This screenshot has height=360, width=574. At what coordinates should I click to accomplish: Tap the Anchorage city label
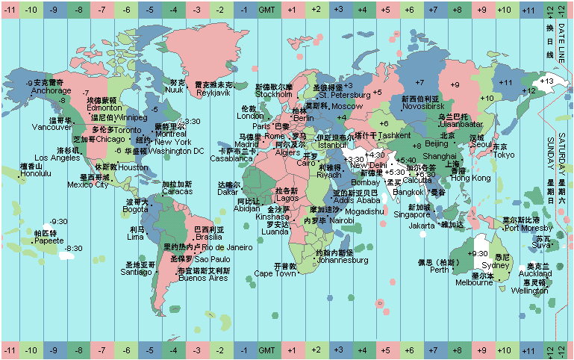pos(51,91)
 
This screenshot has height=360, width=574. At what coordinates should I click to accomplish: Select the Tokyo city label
pos(504,155)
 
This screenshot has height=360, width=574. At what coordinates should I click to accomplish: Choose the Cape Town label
pos(275,274)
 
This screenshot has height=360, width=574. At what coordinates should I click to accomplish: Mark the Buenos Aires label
pos(203,279)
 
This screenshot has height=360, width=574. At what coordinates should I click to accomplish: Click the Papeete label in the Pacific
pos(49,241)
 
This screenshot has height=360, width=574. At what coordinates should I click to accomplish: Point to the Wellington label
pos(529,291)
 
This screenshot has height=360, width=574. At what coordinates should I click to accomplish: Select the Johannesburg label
pos(343,261)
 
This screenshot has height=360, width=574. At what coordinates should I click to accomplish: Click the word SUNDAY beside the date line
pos(552,149)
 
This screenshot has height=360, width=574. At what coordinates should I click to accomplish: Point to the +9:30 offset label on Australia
pos(477,254)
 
